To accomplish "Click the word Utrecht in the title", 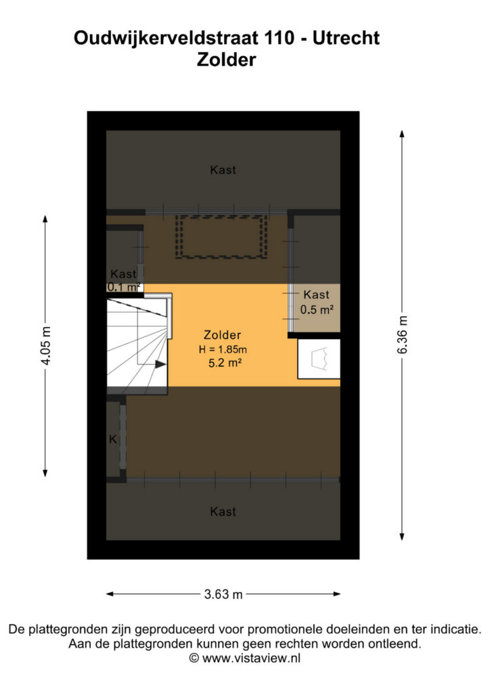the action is point(346,38).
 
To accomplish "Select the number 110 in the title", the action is point(280,38).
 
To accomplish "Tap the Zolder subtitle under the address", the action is point(226,60).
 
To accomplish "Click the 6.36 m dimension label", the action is point(403,334).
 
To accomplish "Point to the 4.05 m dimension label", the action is point(45,346).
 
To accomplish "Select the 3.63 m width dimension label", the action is point(223,594).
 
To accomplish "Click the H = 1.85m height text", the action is point(223,349).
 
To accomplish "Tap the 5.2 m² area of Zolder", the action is point(225,363).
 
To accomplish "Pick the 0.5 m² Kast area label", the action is point(316,309).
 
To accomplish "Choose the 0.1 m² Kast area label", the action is point(124,287).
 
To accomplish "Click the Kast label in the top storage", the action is point(223,170).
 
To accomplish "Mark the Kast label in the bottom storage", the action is point(223,512).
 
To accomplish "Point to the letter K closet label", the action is point(113,439).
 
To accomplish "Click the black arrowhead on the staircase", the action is point(160,364).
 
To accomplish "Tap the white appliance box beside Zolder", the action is point(319,359).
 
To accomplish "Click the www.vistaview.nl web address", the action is point(251,658).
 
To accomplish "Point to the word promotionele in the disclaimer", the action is point(284,629).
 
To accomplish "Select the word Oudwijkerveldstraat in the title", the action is point(166,38).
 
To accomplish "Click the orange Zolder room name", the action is point(222,335).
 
